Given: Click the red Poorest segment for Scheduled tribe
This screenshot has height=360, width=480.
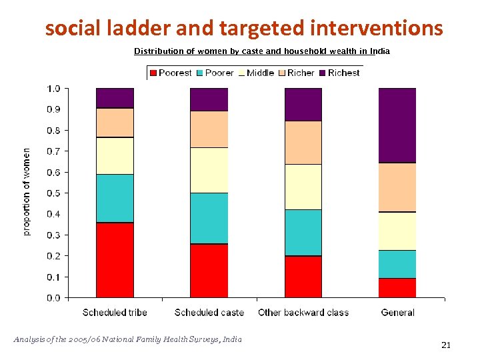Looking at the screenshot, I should coord(115,260).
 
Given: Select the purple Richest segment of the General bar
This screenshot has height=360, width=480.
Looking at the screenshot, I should coord(397,125).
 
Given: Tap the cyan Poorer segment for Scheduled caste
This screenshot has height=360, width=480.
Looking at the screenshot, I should coord(209,219).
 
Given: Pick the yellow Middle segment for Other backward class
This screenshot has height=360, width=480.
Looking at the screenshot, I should coord(303,187).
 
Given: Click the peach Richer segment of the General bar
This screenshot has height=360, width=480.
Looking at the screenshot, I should coord(397,187).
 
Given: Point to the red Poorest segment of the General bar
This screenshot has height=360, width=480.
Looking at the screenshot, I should coord(397,288).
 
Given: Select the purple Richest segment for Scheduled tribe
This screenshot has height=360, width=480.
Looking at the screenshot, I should coord(115,98).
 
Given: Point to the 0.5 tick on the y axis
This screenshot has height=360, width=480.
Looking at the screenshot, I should coord(53,193).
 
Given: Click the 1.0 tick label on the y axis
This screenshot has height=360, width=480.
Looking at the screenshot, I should coord(53,89).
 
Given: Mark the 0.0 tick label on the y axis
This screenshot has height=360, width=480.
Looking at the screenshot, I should coord(53,298).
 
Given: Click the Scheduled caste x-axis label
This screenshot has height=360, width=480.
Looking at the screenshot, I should coord(209,312).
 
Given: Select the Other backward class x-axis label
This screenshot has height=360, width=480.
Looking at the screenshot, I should coord(303,312).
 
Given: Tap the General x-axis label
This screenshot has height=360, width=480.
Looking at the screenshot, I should coord(397,312).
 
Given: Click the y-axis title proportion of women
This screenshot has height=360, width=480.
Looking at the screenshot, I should coord(27,192).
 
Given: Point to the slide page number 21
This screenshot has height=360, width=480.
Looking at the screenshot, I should coord(446,345).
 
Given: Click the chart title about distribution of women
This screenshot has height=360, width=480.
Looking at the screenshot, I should coord(262,51).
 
